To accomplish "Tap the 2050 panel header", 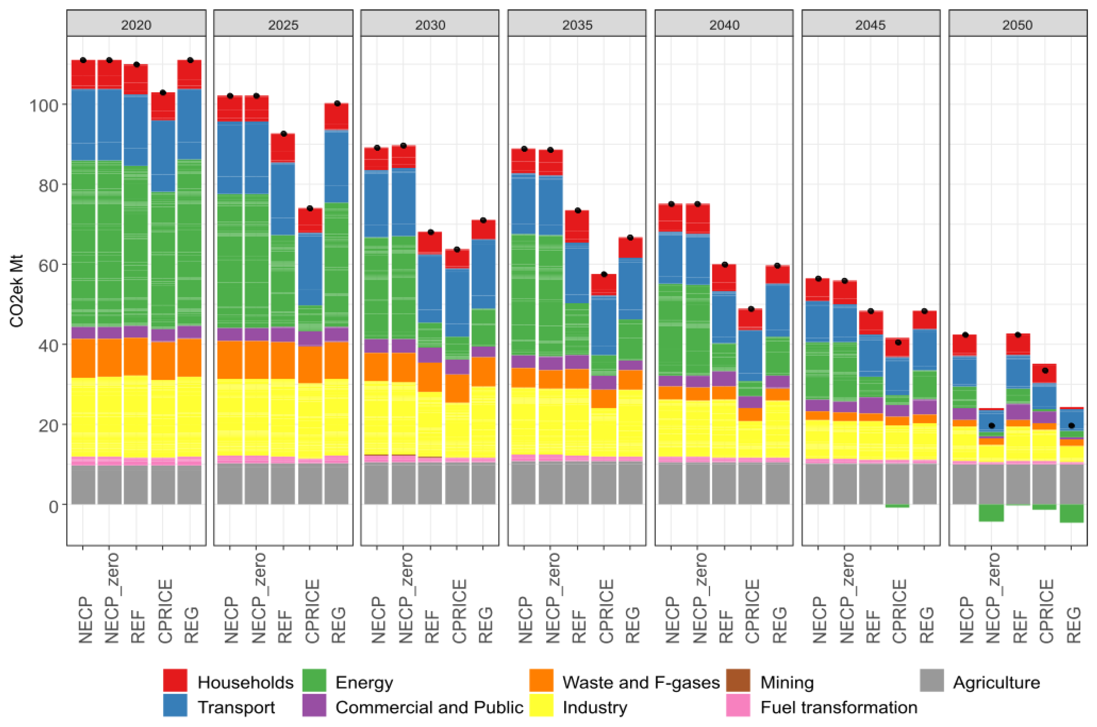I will point(1017,24).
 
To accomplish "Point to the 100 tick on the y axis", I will point(44,106).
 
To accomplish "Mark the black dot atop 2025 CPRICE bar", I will point(310,208).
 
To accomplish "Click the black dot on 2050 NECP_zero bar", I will point(992,426).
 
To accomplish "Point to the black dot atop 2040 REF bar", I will point(724,265).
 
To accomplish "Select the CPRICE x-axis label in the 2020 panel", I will point(165,611).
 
